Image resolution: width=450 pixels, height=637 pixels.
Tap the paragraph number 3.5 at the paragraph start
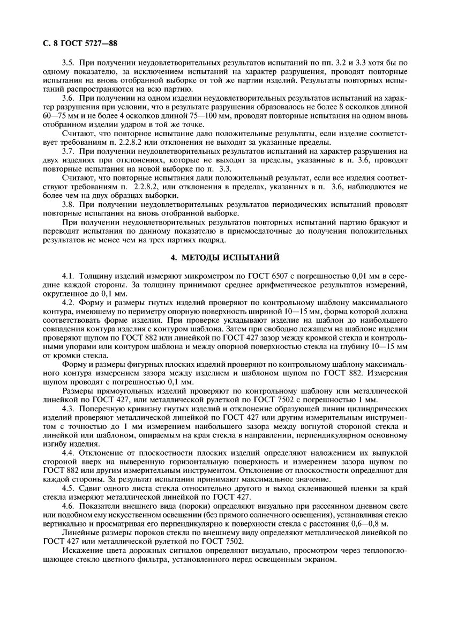[x=69, y=63]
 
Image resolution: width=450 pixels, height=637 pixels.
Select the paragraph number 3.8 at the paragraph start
[x=69, y=205]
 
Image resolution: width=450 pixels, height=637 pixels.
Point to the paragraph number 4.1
[x=69, y=276]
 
